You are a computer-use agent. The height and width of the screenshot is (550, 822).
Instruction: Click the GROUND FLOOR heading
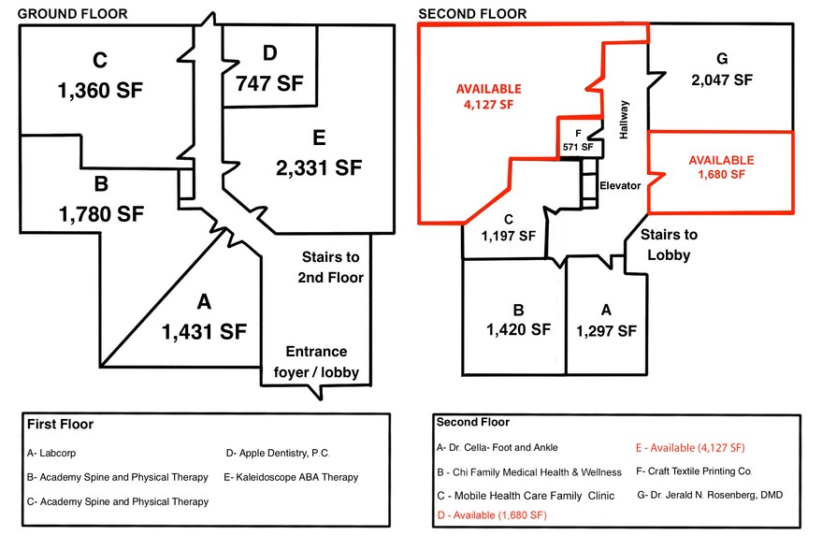pyautogui.click(x=72, y=14)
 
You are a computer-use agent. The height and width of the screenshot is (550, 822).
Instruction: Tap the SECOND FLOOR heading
pyautogui.click(x=472, y=14)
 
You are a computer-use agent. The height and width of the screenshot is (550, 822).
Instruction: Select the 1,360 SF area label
pyautogui.click(x=100, y=90)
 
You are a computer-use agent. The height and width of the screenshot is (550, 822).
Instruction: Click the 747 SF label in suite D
pyautogui.click(x=269, y=83)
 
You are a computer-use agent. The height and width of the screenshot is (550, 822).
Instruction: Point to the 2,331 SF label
pyautogui.click(x=319, y=167)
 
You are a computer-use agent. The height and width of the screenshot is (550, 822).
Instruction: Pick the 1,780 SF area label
pyautogui.click(x=101, y=214)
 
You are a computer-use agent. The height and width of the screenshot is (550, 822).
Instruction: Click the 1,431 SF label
pyautogui.click(x=204, y=331)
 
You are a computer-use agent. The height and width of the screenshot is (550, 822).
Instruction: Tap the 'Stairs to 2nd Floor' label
pyautogui.click(x=330, y=267)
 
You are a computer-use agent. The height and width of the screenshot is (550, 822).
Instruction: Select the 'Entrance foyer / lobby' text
pyautogui.click(x=316, y=362)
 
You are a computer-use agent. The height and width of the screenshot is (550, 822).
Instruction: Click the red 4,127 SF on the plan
pyautogui.click(x=488, y=105)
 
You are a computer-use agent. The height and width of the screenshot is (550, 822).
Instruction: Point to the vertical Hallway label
pyautogui.click(x=624, y=120)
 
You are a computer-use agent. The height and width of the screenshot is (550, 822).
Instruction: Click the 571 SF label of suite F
pyautogui.click(x=578, y=147)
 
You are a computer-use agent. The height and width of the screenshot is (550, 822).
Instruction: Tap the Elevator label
pyautogui.click(x=620, y=185)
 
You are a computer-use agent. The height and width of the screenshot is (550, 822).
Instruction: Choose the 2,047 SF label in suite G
pyautogui.click(x=722, y=80)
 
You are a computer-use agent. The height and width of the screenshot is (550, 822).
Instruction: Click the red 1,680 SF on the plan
pyautogui.click(x=721, y=174)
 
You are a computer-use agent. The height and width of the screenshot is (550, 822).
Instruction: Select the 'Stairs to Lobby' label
pyautogui.click(x=669, y=244)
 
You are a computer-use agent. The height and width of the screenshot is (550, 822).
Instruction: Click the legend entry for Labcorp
pyautogui.click(x=51, y=453)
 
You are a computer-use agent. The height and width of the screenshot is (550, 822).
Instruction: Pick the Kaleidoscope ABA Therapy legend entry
pyautogui.click(x=291, y=477)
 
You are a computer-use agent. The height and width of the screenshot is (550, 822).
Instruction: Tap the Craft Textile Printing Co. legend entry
pyautogui.click(x=694, y=470)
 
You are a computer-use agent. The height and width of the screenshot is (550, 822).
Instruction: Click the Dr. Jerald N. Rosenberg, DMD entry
pyautogui.click(x=710, y=495)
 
